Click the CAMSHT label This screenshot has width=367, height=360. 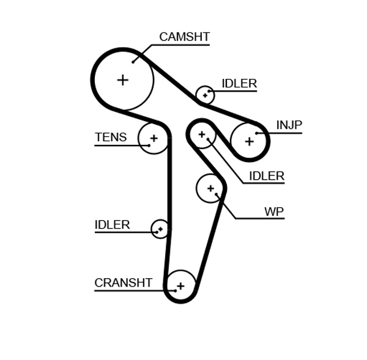tap(184, 37)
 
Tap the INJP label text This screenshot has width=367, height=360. tap(289, 125)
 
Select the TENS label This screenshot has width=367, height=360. tap(111, 138)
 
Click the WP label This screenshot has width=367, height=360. tap(273, 212)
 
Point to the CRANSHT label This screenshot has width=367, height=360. tap(123, 283)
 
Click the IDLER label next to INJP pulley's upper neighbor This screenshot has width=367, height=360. tap(239, 84)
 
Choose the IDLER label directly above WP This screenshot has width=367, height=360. tap(266, 177)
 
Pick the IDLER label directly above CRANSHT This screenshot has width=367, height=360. tap(112, 225)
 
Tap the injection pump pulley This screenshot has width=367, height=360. tap(249, 141)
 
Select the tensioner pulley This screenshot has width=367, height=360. tap(154, 138)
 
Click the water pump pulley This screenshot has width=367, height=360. tap(211, 188)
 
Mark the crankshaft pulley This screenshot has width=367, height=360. tap(180, 285)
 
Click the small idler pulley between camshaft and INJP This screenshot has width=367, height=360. tap(205, 95)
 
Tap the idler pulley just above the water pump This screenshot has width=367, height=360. tap(201, 134)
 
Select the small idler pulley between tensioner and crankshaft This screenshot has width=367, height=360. tap(160, 229)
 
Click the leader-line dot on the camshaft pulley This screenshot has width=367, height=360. tap(133, 62)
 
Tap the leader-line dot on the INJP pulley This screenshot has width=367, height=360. tap(257, 133)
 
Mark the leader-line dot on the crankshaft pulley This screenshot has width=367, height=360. tap(174, 290)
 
